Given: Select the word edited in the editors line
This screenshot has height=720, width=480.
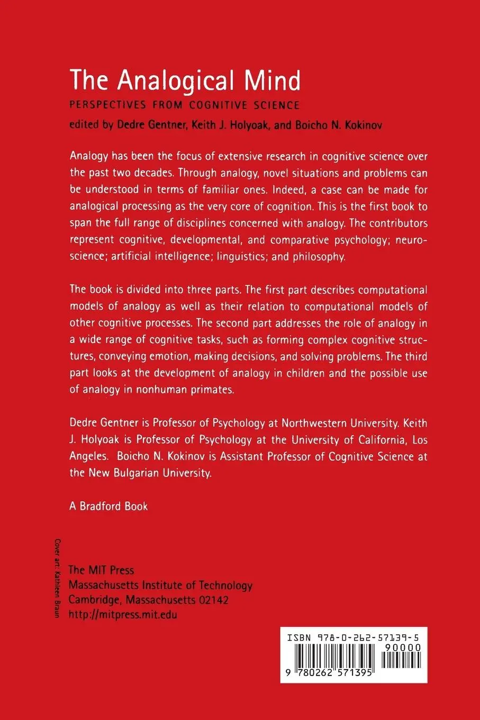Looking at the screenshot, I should click(x=84, y=125).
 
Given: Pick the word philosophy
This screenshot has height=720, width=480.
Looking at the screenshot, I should click(x=319, y=257).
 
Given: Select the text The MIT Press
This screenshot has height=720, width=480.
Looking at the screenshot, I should click(x=102, y=570).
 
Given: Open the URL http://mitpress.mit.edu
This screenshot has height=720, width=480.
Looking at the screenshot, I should click(x=123, y=615).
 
